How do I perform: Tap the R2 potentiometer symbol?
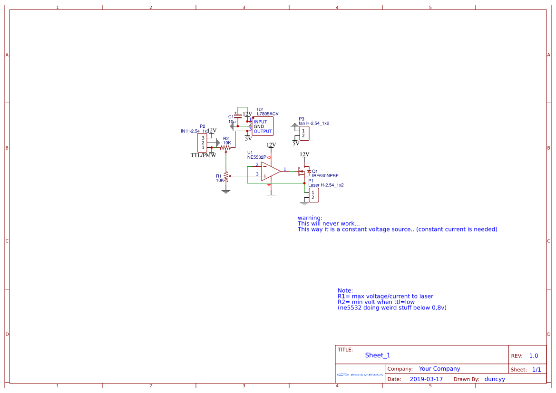[x=226, y=148]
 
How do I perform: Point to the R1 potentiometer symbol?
[x=226, y=176]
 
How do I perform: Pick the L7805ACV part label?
[x=268, y=114]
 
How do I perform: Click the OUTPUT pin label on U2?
[x=263, y=132]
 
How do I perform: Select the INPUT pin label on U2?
[x=261, y=122]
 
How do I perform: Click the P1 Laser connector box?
[x=313, y=195]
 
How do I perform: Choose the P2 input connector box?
[x=202, y=143]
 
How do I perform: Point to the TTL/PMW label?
[x=203, y=155]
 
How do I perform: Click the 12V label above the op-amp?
[x=271, y=145]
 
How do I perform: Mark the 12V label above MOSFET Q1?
[x=304, y=154]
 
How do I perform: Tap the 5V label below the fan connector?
[x=296, y=144]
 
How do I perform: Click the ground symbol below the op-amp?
[x=271, y=195]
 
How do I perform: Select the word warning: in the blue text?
[x=310, y=218]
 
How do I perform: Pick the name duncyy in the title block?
[x=495, y=379]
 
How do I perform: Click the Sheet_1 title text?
[x=378, y=355]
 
